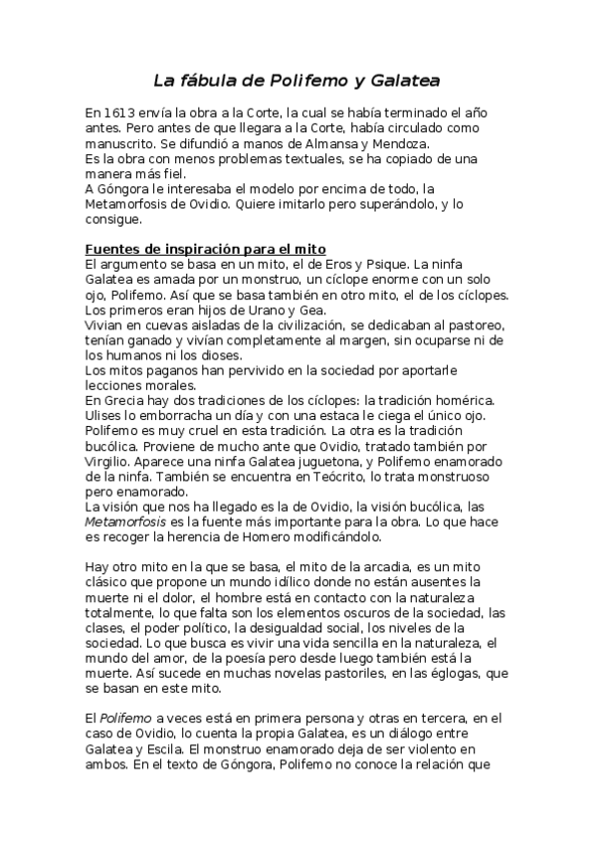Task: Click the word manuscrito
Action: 120,143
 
